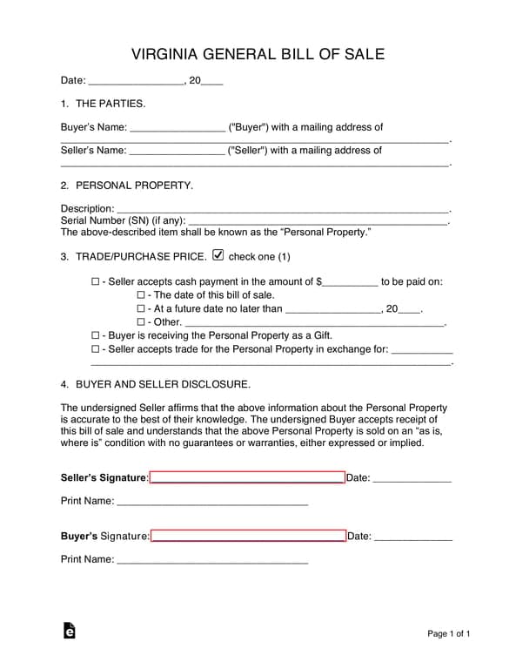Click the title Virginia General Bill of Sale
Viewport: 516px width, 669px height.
pyautogui.click(x=258, y=54)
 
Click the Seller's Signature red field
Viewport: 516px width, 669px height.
pyautogui.click(x=247, y=477)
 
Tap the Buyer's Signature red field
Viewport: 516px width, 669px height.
pyautogui.click(x=248, y=536)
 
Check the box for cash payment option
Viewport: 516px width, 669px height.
pyautogui.click(x=96, y=282)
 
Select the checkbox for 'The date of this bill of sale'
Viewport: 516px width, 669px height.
pyautogui.click(x=141, y=295)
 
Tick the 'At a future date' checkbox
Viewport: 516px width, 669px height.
pyautogui.click(x=141, y=308)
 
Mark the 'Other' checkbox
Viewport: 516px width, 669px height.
pyautogui.click(x=141, y=322)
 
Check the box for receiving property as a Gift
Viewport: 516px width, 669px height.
pyautogui.click(x=96, y=335)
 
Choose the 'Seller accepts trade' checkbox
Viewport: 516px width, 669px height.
pyautogui.click(x=96, y=349)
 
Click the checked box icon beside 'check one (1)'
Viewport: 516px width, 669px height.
pyautogui.click(x=218, y=256)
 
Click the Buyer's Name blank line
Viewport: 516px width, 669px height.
pyautogui.click(x=177, y=128)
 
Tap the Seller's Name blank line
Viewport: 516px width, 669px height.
pyautogui.click(x=177, y=151)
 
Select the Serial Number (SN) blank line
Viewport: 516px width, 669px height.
pyautogui.click(x=317, y=222)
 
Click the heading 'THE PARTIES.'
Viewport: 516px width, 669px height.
pyautogui.click(x=111, y=104)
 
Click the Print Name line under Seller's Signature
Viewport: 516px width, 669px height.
pyautogui.click(x=212, y=503)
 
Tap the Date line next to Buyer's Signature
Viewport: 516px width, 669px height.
pyautogui.click(x=412, y=537)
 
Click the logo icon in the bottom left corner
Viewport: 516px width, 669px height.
pyautogui.click(x=69, y=632)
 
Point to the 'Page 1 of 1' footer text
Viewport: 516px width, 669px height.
pyautogui.click(x=448, y=633)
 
